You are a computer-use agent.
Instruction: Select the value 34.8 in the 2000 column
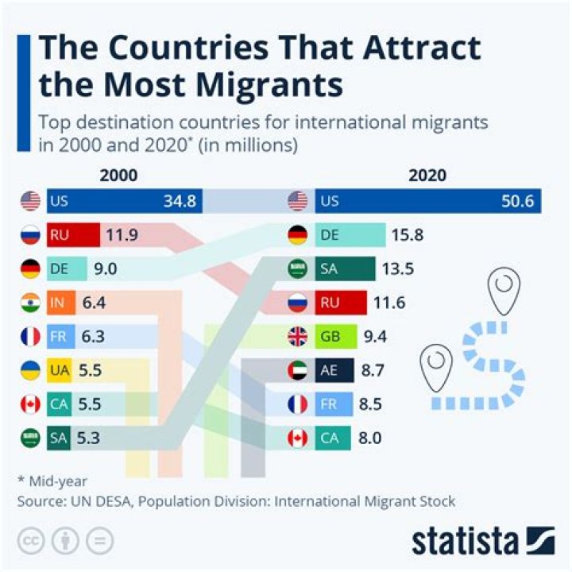pos(180,202)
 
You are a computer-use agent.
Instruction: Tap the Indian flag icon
pos(30,303)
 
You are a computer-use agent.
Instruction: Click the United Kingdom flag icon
pos(298,336)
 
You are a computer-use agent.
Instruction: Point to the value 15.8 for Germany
pos(406,235)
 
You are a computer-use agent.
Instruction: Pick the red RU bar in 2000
pos(73,235)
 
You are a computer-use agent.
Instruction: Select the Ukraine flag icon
pos(30,370)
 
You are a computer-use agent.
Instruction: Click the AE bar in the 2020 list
pos(333,370)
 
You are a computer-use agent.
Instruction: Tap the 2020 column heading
pos(427,176)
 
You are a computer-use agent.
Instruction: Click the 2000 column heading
pos(118,176)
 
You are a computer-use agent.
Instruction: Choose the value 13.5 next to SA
pos(398,269)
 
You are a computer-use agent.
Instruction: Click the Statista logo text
pos(465,542)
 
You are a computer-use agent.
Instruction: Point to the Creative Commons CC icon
pos(31,541)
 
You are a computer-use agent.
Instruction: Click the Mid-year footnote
pos(48,481)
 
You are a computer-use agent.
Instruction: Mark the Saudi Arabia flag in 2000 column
pos(30,438)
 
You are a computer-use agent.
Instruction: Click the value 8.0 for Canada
pos(371,438)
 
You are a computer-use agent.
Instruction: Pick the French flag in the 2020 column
pos(298,404)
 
